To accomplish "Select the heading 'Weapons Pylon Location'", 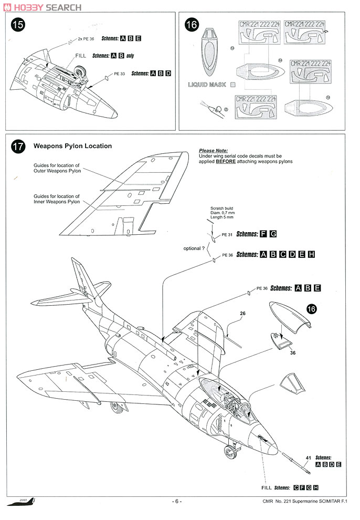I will tap(72, 146).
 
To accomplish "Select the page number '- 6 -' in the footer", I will tap(176, 501).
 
